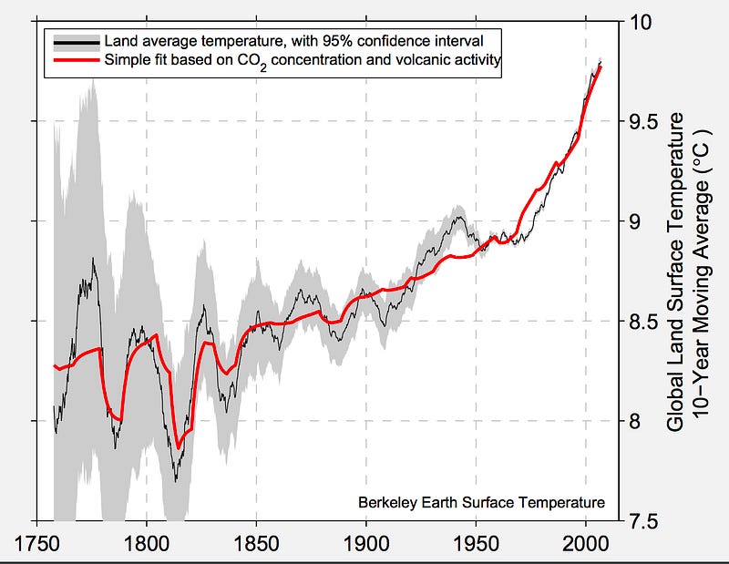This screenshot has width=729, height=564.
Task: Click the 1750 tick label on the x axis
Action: point(37,544)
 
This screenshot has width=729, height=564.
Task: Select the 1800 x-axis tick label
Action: point(147,544)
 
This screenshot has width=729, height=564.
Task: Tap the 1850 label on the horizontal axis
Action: point(256,544)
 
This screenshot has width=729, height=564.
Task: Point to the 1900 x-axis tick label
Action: point(366,544)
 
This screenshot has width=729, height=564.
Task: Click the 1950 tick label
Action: point(476,544)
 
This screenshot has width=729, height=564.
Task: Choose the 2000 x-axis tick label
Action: point(585,544)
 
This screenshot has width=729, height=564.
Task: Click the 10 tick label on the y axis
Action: point(641,21)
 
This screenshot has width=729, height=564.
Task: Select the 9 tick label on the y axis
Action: point(634,221)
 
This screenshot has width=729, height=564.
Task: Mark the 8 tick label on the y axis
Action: point(634,421)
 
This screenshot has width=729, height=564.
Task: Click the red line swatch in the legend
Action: point(77,60)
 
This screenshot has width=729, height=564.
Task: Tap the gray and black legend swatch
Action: point(77,43)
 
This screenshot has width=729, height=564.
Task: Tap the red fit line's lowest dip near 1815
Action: point(178,447)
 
